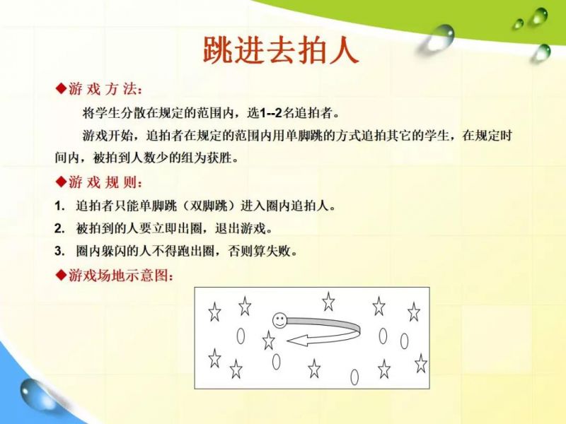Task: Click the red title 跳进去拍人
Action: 280,50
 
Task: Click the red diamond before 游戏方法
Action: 62,88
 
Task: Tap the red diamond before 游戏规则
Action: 62,182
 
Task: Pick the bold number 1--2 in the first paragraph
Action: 270,113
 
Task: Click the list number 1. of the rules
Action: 59,206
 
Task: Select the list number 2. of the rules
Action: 59,228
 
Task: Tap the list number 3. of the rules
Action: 59,251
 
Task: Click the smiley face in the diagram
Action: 279,320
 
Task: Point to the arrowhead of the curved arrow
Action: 298,341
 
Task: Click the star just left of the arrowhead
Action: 269,341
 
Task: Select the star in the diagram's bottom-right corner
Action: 421,363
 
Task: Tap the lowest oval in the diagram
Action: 355,377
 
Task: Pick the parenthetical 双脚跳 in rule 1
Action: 209,206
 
